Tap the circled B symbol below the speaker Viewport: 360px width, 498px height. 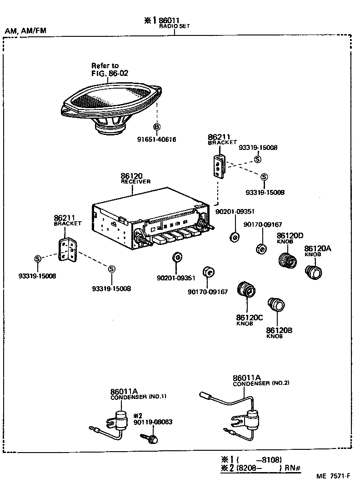156,127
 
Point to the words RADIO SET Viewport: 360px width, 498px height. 174,26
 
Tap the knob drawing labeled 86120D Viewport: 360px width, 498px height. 286,260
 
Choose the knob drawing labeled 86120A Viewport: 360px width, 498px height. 313,272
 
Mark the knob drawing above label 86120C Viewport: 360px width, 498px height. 247,289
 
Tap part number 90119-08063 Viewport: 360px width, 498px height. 153,422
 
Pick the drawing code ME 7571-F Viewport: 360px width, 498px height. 333,476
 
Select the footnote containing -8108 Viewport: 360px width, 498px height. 255,459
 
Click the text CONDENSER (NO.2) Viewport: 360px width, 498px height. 261,383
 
